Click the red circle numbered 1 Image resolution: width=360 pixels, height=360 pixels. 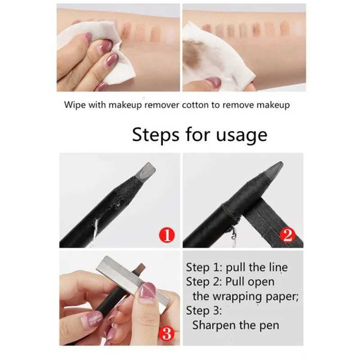coord(166,235)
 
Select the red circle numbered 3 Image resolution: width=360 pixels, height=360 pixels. coord(166,333)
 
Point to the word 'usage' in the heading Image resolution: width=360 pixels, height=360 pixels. coord(243,135)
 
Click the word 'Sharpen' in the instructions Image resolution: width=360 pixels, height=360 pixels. coord(216,325)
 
